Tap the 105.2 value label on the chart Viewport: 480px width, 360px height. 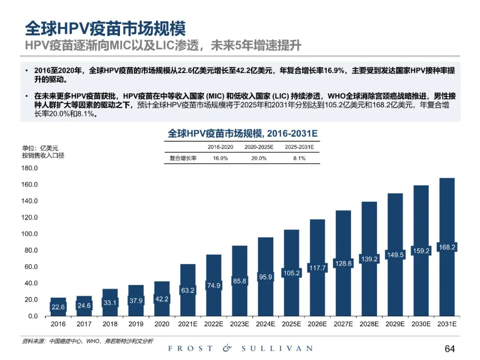coord(292,273)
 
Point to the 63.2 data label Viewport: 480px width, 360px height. coord(188,291)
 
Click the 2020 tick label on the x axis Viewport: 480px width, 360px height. coord(162,324)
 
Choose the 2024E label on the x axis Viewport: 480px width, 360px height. coord(265,324)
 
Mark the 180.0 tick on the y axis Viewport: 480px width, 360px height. coord(30,168)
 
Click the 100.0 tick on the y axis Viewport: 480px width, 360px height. coord(30,234)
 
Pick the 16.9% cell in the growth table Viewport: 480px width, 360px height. coord(220,158)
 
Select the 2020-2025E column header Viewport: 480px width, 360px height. coord(259,147)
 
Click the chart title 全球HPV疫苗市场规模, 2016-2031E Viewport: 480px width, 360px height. coord(243,133)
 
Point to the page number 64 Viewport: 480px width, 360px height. coord(449,348)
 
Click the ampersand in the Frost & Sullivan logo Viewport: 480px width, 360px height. coord(227,348)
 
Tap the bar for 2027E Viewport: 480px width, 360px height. coord(343,240)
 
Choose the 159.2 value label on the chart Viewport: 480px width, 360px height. coord(421,251)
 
